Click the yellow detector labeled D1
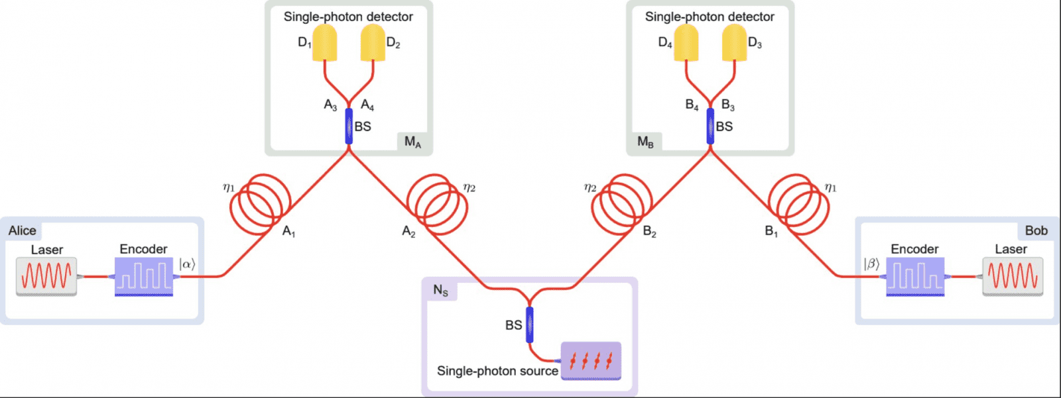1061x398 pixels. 325,43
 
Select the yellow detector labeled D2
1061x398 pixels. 373,43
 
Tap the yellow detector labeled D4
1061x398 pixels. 686,43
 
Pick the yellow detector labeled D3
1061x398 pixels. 734,43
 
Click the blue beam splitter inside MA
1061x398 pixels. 349,126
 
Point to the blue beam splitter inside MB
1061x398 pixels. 710,126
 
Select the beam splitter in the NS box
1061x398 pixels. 529,324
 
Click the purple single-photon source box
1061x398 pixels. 591,361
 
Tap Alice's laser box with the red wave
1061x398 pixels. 46,276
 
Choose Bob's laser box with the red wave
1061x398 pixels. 1013,276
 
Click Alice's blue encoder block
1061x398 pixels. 144,276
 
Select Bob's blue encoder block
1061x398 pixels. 915,276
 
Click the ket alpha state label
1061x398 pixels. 188,264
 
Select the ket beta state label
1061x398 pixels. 871,264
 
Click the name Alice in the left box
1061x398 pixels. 23,230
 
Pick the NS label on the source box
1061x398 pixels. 441,290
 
